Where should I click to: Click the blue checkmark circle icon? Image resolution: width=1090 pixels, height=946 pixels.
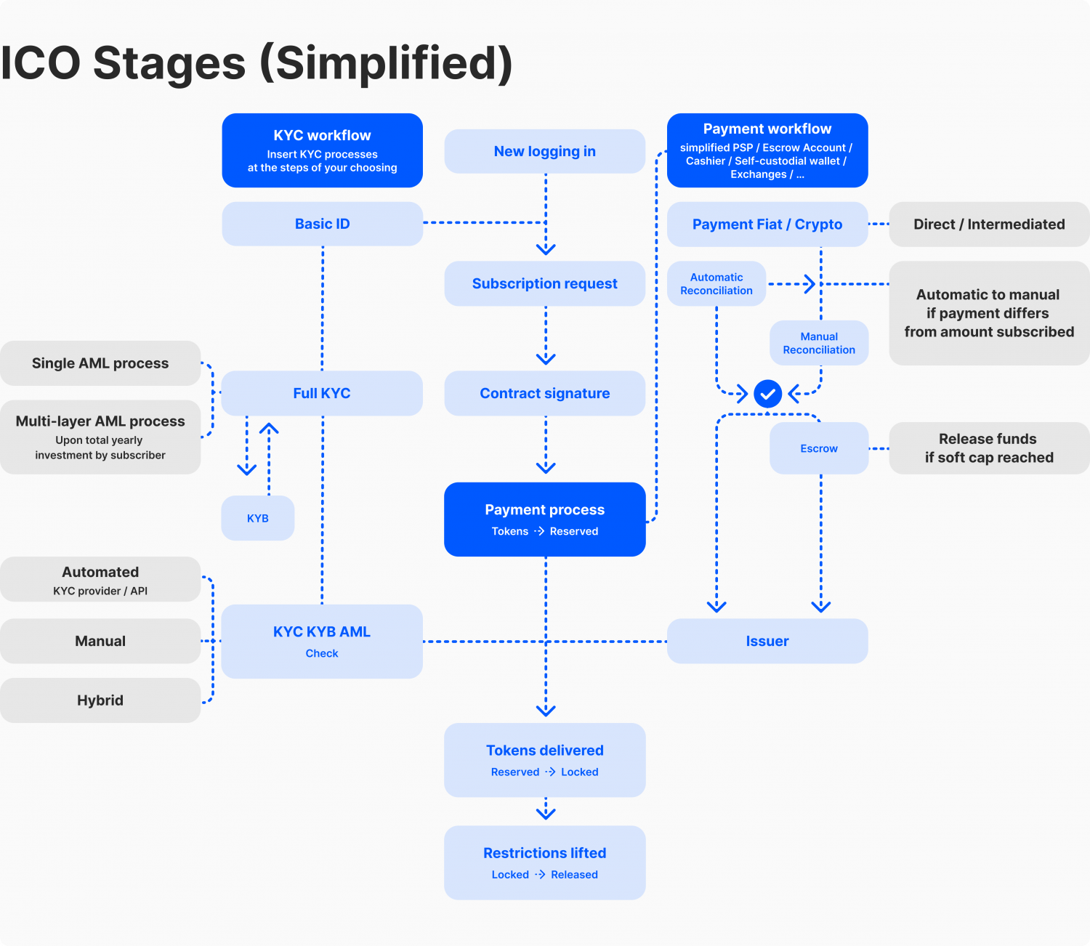[767, 394]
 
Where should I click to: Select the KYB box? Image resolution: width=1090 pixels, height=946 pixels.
[258, 518]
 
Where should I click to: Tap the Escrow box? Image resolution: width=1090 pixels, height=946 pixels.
[819, 448]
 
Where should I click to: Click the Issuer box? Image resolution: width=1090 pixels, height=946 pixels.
[767, 641]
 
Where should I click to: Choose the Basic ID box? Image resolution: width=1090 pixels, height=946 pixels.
[322, 224]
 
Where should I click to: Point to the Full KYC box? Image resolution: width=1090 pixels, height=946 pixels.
[321, 393]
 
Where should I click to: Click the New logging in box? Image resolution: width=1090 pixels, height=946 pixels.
[544, 151]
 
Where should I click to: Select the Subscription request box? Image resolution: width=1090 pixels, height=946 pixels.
[544, 283]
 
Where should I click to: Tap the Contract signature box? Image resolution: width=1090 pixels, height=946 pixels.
[544, 393]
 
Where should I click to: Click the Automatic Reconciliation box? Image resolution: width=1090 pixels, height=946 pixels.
[716, 283]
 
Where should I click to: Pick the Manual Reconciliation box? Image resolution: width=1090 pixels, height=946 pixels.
[819, 343]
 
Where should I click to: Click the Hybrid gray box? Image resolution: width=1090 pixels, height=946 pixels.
[100, 700]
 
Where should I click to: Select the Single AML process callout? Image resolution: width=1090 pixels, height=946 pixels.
[100, 363]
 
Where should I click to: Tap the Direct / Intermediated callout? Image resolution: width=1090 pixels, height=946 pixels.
[988, 225]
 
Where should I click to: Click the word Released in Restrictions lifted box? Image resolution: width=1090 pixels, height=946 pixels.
[574, 875]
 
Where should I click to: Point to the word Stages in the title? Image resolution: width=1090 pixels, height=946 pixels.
[169, 63]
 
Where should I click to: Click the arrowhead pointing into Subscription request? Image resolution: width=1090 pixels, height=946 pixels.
[546, 249]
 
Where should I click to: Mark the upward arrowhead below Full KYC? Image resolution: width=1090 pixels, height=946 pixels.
[269, 429]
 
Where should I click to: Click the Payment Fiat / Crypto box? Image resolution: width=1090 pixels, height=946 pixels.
[767, 225]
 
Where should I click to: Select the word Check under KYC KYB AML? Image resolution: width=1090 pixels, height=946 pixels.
[322, 653]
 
